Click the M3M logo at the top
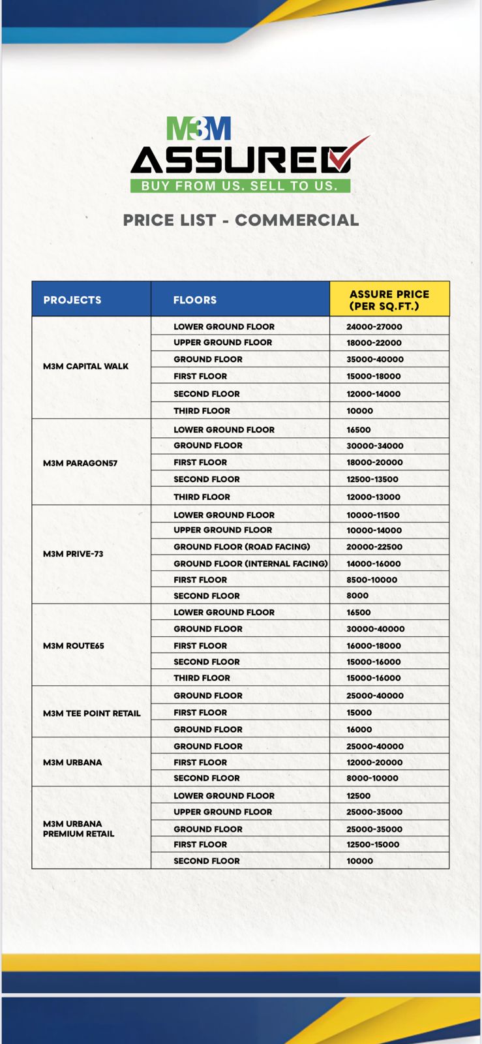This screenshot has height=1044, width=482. (x=199, y=129)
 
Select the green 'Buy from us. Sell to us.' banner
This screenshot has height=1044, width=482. (x=240, y=186)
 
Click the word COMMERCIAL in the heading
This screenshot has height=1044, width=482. (x=297, y=221)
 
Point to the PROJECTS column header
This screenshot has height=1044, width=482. (x=72, y=300)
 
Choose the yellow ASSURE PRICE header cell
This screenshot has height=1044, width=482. (x=389, y=300)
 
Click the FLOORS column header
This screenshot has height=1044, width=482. (x=195, y=300)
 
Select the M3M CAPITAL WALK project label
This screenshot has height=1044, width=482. (x=85, y=367)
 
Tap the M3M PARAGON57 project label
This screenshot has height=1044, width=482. (x=80, y=463)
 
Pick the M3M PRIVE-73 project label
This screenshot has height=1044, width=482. (x=73, y=554)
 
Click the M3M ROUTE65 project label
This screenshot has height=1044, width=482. (x=74, y=646)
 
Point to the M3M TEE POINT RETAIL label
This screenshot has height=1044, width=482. (x=92, y=713)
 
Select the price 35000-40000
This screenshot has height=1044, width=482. (x=375, y=360)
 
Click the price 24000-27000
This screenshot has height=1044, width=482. (x=374, y=327)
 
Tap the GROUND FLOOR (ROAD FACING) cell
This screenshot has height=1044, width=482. (x=242, y=547)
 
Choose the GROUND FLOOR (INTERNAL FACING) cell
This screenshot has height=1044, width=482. (x=250, y=564)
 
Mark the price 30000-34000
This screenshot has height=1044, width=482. (x=375, y=446)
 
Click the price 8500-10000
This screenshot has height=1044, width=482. (x=372, y=580)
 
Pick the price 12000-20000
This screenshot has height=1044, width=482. (x=374, y=763)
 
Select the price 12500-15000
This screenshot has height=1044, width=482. (x=373, y=844)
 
